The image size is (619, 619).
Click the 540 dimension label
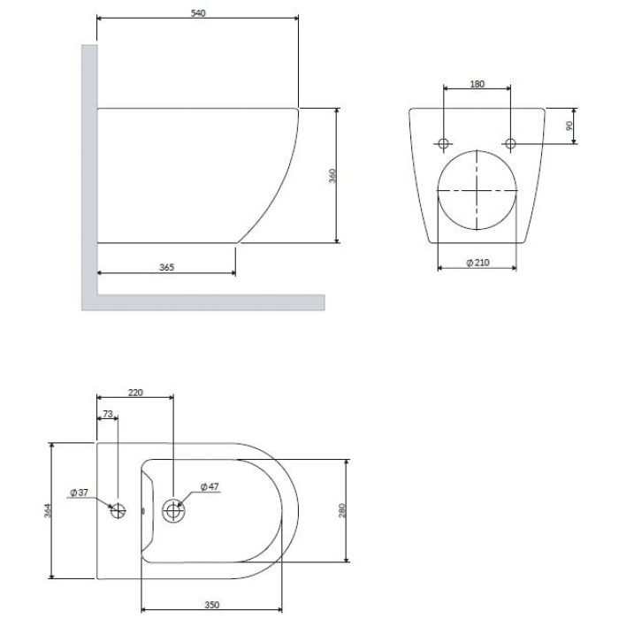[x=198, y=13]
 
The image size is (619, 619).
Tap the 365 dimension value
[x=166, y=267]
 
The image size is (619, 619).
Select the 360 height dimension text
[x=332, y=176]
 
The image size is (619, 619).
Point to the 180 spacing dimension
[x=477, y=84]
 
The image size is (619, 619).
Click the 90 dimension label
[x=569, y=126]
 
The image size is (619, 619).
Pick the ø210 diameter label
[x=478, y=263]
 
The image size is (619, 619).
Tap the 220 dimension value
[x=135, y=393]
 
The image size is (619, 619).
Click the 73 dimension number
[x=108, y=414]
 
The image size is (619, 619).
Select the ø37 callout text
[x=79, y=493]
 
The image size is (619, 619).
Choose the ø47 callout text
[x=210, y=486]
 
